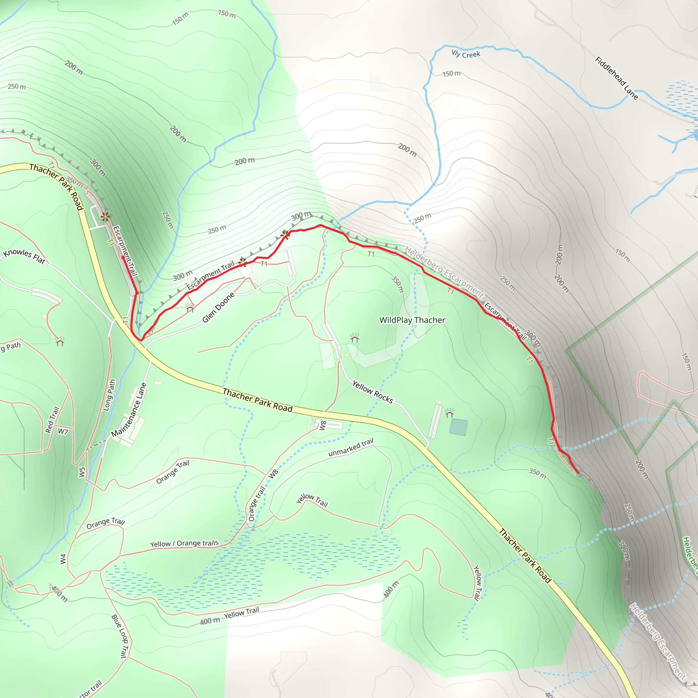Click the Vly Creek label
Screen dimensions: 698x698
(x=466, y=54)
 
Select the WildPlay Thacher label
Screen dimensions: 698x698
(x=412, y=320)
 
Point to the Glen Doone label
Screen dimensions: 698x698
(x=218, y=307)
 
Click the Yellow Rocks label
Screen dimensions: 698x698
(x=372, y=392)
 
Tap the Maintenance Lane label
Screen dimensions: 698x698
(x=129, y=410)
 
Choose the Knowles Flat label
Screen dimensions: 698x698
(x=24, y=256)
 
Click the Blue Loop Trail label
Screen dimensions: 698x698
(x=120, y=636)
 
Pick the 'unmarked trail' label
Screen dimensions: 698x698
(x=350, y=447)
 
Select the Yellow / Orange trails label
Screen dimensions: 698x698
(x=184, y=543)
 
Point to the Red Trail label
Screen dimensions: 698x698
(x=52, y=420)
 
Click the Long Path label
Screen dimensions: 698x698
(x=109, y=395)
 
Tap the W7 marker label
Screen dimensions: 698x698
(x=63, y=431)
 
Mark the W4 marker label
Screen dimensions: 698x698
(x=63, y=559)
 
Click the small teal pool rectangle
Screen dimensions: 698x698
(x=458, y=427)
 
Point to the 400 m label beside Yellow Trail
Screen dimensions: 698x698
(x=210, y=621)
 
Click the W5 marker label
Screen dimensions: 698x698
(x=82, y=472)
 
